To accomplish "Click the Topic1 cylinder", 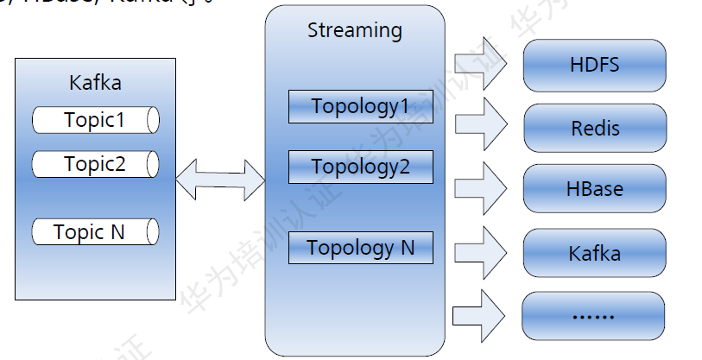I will tap(95, 120).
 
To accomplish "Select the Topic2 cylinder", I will tap(95, 163).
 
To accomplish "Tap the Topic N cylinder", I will tap(95, 232).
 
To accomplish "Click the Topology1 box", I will tap(360, 107).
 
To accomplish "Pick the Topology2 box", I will tap(360, 167).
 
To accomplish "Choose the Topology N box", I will tap(360, 249).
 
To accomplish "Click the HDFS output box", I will tap(594, 65).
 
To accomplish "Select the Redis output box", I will tap(594, 129).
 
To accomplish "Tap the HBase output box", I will tap(594, 188).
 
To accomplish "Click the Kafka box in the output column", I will tap(594, 254).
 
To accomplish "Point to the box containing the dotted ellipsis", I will tap(594, 316).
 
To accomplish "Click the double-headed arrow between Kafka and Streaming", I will tap(220, 179).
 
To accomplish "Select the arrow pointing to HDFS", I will tap(480, 62).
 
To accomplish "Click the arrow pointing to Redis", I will tap(480, 123).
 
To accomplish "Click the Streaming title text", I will tap(355, 31).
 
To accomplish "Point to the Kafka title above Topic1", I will tap(95, 84).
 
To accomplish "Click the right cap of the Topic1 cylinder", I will tap(153, 120).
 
